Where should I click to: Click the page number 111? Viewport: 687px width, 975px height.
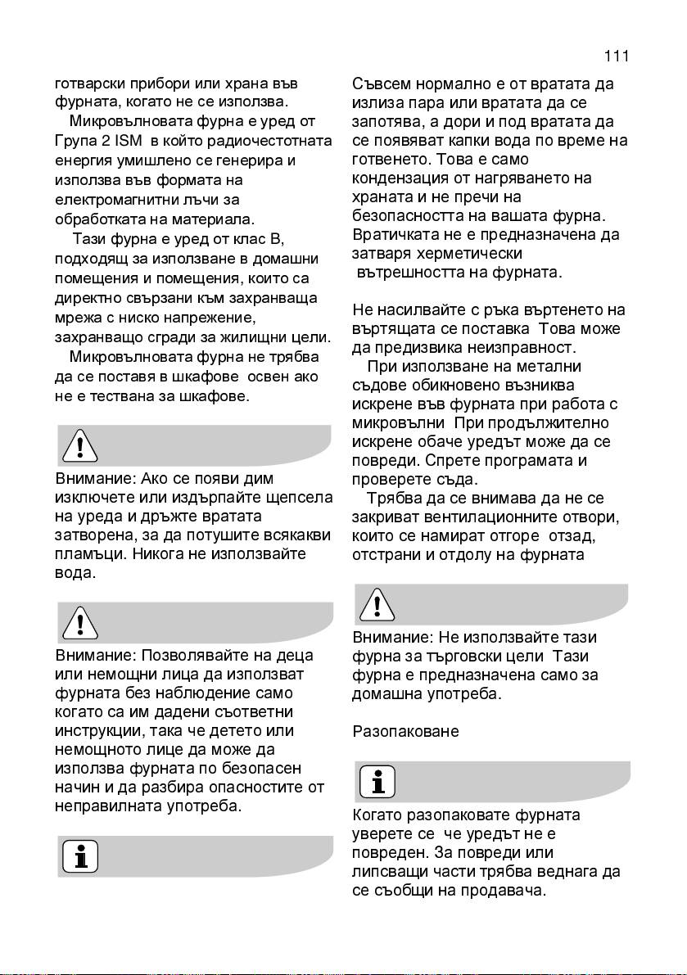pos(616,56)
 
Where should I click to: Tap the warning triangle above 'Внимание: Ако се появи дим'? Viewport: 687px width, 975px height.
pos(80,446)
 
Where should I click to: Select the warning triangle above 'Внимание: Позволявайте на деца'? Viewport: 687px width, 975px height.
pos(80,623)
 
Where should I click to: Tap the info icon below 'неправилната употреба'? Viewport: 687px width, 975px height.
pos(80,856)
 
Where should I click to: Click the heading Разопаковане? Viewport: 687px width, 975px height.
pos(405,731)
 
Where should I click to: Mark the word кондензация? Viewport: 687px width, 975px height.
pos(403,178)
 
